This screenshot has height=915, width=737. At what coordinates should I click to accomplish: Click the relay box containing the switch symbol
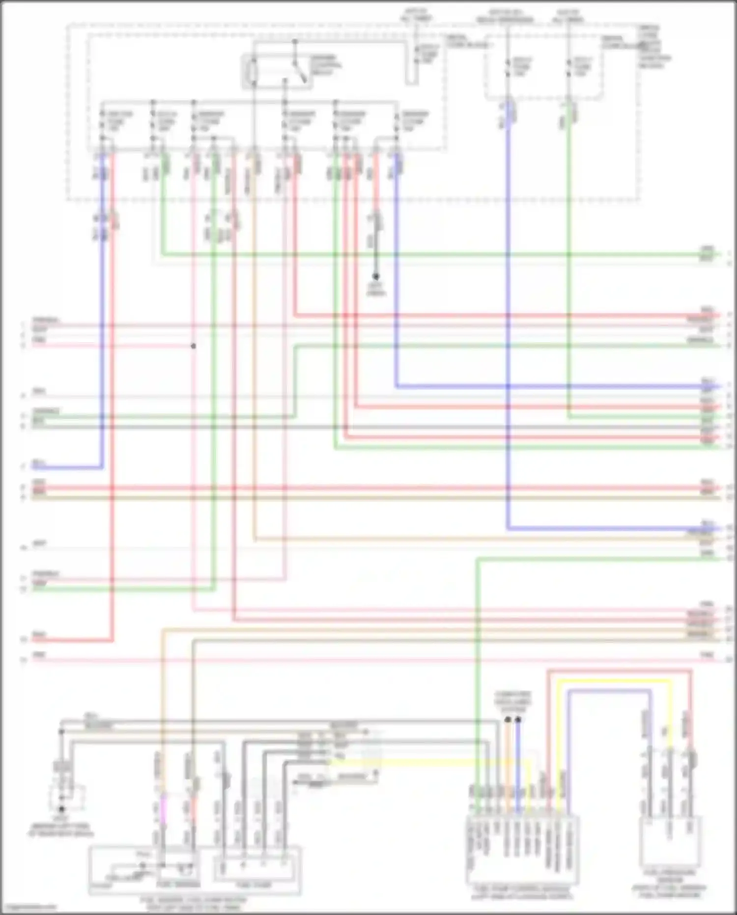click(x=276, y=72)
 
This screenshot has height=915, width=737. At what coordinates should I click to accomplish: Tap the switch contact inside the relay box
click(x=299, y=69)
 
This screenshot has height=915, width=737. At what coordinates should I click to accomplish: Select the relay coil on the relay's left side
click(x=254, y=72)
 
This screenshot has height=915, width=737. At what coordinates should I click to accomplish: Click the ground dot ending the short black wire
click(x=375, y=277)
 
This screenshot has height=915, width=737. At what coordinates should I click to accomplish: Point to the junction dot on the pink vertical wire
click(x=194, y=346)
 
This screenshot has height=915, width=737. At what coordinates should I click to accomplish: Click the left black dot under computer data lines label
click(x=508, y=720)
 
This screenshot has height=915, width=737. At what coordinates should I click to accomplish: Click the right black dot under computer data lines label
click(x=518, y=720)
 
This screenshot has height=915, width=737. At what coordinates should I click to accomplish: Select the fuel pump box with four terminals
click(x=256, y=869)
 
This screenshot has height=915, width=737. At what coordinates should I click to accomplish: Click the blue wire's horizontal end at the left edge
click(x=64, y=468)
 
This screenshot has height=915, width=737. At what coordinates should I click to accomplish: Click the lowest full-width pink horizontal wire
click(x=373, y=659)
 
